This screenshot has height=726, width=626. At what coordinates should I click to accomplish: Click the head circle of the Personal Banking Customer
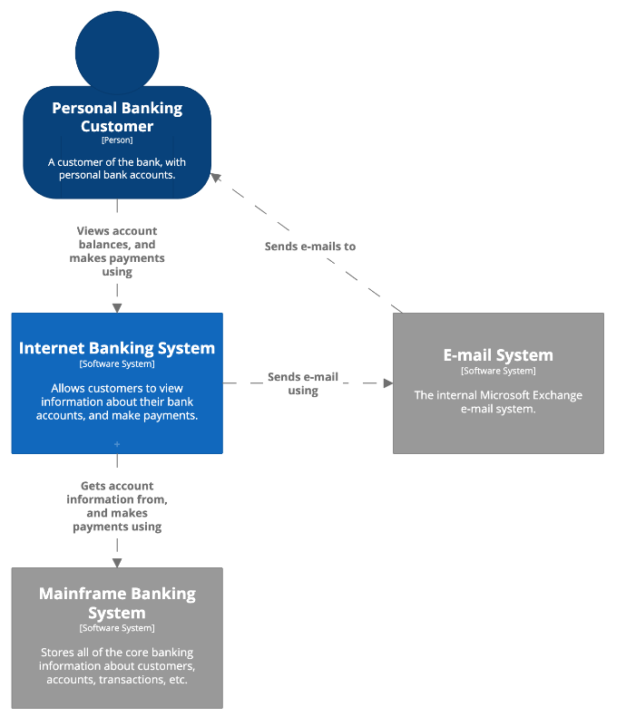pos(117,53)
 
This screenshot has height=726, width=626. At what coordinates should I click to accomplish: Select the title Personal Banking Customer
pos(117,117)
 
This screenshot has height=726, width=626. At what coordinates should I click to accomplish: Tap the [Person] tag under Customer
pos(117,140)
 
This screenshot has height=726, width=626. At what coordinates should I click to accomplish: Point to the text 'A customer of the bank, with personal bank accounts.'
pos(117,169)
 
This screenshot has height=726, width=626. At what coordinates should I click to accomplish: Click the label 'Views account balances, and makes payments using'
pos(117,251)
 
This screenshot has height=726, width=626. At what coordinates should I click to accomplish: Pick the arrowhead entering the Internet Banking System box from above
pos(117,308)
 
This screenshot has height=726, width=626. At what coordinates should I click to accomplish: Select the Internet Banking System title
pos(117,348)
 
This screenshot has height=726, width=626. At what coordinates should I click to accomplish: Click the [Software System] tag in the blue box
pos(117,364)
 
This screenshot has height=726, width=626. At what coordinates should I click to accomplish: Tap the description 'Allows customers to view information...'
pos(117,402)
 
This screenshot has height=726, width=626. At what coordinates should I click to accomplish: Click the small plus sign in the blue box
pos(117,444)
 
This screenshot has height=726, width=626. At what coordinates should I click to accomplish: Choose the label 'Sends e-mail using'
pos(303,383)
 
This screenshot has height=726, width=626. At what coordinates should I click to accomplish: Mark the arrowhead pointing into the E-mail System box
pos(388,382)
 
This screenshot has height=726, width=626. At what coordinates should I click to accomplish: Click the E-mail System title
pos(498,355)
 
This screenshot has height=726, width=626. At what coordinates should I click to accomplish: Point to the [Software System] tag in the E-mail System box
pos(498,371)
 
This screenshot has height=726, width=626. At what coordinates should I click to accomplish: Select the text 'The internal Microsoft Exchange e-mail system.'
pos(498,402)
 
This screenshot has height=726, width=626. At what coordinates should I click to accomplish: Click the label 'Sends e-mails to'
pos(310,247)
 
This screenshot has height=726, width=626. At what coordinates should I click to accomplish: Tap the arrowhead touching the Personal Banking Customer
pos(216,177)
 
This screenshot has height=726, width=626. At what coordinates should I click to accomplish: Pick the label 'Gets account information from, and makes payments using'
pos(117,506)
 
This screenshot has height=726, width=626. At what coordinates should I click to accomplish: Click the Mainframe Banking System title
pos(117,603)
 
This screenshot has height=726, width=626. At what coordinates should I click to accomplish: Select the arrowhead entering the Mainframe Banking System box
pos(117,563)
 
